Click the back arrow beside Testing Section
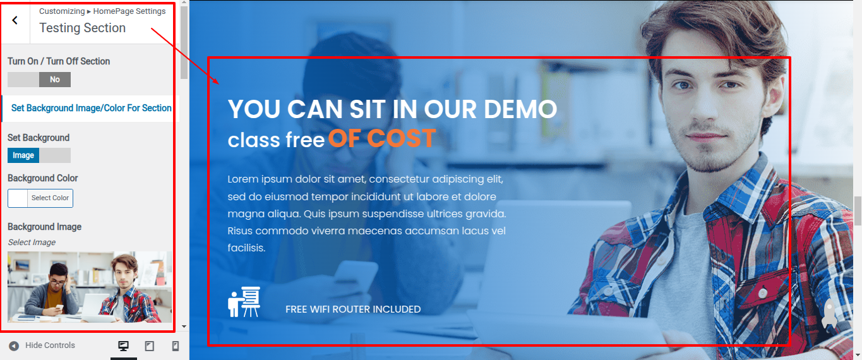click(x=15, y=20)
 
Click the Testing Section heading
click(x=82, y=28)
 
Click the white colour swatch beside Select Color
click(x=18, y=198)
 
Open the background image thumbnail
click(x=90, y=287)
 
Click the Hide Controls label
click(x=50, y=345)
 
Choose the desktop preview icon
click(x=124, y=345)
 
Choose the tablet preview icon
click(x=149, y=346)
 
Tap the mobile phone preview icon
click(x=175, y=346)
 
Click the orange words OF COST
click(x=381, y=138)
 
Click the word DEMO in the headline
click(x=520, y=109)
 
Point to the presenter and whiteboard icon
click(x=244, y=302)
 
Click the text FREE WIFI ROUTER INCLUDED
click(x=353, y=309)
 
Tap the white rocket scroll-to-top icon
click(x=830, y=314)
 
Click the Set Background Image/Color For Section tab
click(x=91, y=108)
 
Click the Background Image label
click(x=45, y=227)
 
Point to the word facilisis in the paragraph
click(x=246, y=248)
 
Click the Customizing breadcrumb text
click(x=62, y=11)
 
